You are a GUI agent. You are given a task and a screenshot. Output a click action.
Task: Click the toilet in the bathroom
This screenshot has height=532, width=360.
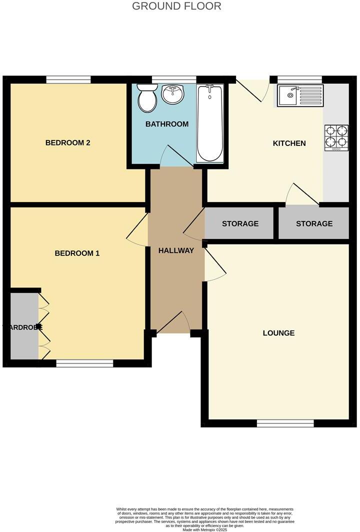[147, 98]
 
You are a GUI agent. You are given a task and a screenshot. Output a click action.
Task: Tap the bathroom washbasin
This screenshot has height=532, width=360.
[173, 93]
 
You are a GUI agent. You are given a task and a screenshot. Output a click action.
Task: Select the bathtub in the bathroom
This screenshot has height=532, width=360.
[209, 123]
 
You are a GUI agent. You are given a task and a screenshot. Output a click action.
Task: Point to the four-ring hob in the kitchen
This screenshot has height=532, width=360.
[336, 137]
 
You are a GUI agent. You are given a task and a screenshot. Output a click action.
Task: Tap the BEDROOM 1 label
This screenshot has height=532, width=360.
[77, 253]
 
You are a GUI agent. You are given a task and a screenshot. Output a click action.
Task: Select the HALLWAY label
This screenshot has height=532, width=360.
[176, 250]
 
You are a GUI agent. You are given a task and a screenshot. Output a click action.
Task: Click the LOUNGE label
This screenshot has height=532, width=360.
[278, 333]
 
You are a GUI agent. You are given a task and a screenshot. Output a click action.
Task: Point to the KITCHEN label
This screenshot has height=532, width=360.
[289, 143]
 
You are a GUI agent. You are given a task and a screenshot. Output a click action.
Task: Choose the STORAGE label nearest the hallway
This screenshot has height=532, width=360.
[240, 223]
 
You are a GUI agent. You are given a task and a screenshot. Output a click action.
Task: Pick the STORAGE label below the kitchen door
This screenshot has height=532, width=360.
[314, 223]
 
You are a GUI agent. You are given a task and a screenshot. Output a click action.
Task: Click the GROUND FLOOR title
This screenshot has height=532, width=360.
[176, 6]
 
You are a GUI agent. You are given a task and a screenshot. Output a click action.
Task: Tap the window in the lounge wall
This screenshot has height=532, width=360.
[285, 423]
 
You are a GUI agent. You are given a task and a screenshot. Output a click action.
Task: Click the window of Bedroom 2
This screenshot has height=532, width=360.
[68, 79]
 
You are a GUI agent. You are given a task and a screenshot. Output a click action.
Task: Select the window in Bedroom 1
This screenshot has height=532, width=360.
[84, 363]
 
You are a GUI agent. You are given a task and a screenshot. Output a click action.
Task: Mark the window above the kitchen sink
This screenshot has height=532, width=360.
[299, 79]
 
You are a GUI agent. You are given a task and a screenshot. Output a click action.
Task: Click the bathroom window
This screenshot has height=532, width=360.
[174, 79]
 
